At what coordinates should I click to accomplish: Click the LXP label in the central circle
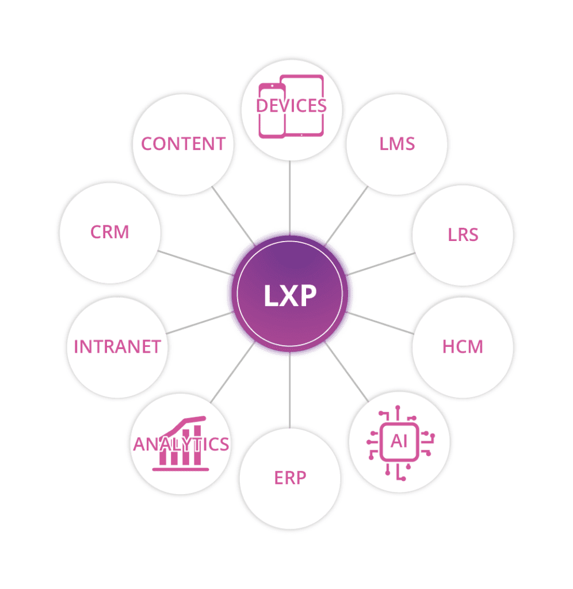(x=290, y=296)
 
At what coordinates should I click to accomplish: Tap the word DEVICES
(x=291, y=106)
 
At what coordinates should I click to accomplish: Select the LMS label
(x=397, y=143)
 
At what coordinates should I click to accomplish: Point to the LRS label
(x=463, y=235)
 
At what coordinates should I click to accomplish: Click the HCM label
(x=463, y=347)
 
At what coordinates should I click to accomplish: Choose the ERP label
(x=290, y=477)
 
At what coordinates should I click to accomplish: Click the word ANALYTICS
(x=181, y=444)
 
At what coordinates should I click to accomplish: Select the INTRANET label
(x=117, y=347)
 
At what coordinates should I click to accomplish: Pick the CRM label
(x=110, y=232)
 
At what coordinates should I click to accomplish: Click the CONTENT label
(x=184, y=144)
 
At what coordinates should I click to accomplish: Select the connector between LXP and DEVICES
(x=290, y=196)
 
